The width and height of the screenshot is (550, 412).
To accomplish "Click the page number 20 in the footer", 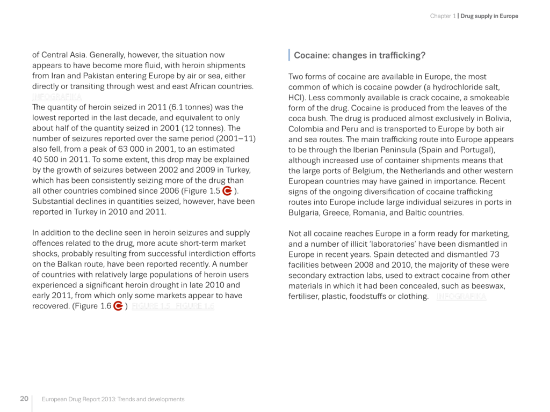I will pos(24,399).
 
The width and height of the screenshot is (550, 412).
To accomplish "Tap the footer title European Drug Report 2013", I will pos(113,399).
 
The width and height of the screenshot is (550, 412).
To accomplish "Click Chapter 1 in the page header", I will pos(443,16).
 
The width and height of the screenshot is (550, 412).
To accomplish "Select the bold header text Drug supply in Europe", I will pos(489,16).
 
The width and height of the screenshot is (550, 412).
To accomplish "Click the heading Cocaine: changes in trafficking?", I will pos(359,55).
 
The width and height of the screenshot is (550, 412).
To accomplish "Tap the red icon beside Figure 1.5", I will pos(227,191).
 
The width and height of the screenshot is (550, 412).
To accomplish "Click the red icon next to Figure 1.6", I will pos(119,306).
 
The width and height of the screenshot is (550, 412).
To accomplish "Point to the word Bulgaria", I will pos(304,212).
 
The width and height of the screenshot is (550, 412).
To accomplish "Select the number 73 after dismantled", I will pos(494,254).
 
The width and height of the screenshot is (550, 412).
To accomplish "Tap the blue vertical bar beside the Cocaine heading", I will pos(290,55).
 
